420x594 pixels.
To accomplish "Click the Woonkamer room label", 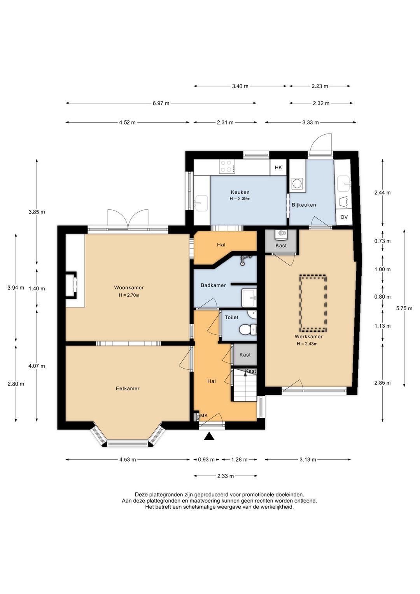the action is (x=129, y=287).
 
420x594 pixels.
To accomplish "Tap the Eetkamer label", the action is (x=128, y=388).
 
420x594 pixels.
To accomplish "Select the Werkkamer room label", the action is (x=308, y=337).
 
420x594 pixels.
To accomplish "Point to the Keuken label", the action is (x=240, y=192).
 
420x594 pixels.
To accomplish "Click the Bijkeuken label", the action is (x=304, y=205).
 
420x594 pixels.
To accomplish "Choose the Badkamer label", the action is (x=213, y=285).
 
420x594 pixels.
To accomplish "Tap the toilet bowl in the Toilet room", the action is (x=247, y=330).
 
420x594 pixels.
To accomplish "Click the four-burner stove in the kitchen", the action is (x=227, y=166).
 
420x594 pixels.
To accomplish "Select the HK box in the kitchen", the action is (x=278, y=167).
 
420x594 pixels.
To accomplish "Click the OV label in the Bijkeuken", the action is (x=344, y=217).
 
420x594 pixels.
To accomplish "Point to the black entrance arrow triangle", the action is (x=209, y=436).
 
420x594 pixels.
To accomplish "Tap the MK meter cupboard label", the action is (x=204, y=416).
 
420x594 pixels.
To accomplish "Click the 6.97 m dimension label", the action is (x=161, y=104).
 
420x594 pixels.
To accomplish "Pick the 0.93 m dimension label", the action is (x=206, y=460).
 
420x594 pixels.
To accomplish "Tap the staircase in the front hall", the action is (x=245, y=385).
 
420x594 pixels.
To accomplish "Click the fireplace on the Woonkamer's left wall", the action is (x=72, y=285).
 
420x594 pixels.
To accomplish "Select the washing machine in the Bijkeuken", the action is (x=297, y=183).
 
